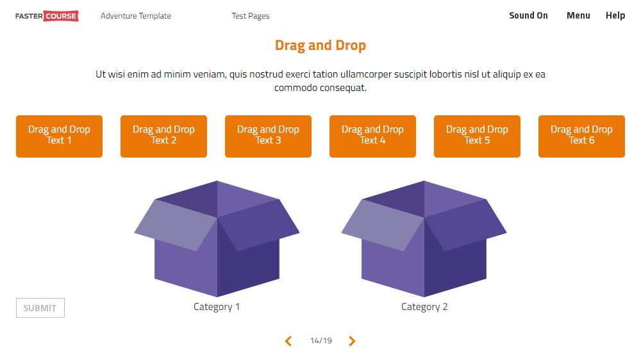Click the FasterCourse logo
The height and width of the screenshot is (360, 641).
pos(47,16)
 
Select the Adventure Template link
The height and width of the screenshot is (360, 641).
pos(136,16)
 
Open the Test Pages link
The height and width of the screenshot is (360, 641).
pos(251,16)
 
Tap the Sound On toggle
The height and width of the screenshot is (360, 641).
pos(528,15)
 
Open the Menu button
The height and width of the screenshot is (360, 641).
pos(578,15)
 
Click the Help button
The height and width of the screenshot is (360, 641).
pos(615,15)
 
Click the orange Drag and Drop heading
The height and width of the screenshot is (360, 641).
pos(320,45)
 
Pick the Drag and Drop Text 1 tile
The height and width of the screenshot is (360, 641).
pos(59,136)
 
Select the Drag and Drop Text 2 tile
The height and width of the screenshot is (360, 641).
pos(163,136)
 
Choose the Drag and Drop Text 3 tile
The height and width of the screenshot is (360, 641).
pos(268,136)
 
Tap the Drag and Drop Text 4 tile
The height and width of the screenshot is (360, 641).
pos(372,136)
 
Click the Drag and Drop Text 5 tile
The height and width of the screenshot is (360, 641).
pos(477,136)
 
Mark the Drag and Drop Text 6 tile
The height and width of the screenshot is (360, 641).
pos(581,136)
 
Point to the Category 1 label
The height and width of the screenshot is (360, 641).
pos(217,307)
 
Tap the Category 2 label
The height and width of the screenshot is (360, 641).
pos(424,307)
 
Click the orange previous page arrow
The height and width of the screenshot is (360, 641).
pos(288,341)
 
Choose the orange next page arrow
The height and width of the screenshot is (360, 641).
pos(352,341)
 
